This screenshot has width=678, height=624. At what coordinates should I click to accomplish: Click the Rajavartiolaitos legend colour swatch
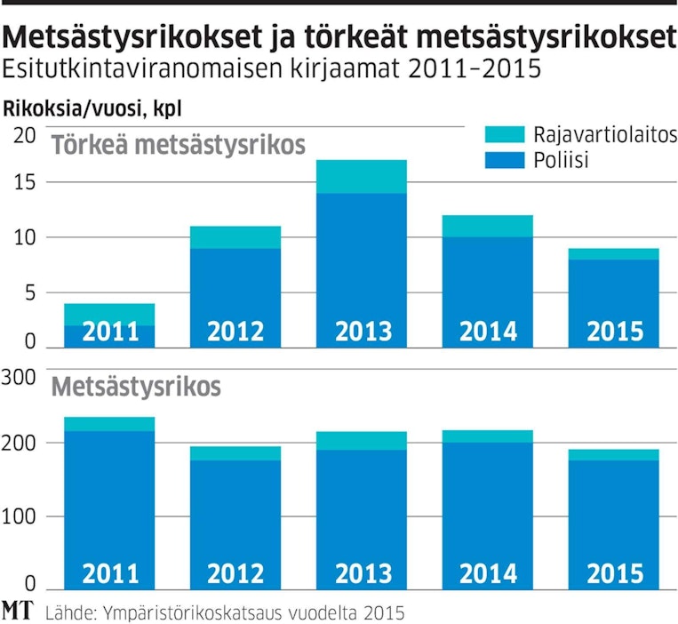tap(506, 134)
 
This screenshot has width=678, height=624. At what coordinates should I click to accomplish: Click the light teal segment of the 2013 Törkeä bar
tap(363, 177)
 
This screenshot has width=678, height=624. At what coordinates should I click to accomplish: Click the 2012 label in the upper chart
tap(235, 332)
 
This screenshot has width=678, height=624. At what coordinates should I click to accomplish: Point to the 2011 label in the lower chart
tap(109, 573)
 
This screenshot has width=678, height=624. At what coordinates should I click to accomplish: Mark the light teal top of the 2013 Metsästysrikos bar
tap(363, 441)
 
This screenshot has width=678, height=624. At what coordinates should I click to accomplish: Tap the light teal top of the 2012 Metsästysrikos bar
tap(235, 453)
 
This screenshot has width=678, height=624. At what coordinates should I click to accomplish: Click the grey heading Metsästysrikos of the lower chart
tap(136, 388)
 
